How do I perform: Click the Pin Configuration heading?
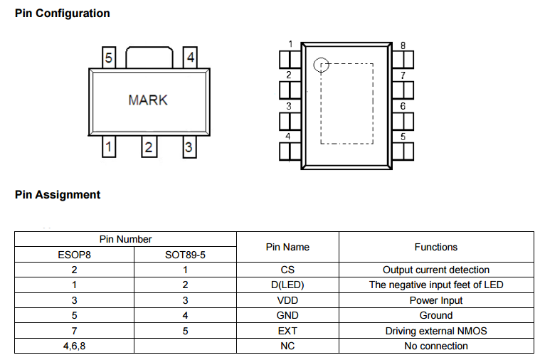pos(63,14)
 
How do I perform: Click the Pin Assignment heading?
pos(58,195)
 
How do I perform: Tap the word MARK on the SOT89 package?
pos(148,100)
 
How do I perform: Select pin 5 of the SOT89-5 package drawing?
pos(109,58)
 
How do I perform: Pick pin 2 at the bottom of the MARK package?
pos(149,147)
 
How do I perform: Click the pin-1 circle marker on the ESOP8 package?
pos(321,65)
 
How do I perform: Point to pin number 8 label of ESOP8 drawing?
pos(403,46)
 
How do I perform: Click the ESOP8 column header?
pos(74,255)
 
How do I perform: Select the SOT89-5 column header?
pos(185,255)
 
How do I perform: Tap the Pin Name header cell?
pos(287,247)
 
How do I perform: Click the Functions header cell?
pos(436,247)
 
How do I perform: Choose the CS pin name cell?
pos(287,270)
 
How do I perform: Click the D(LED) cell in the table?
pos(287,285)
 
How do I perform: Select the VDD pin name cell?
pos(287,300)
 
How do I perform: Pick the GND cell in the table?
pos(287,315)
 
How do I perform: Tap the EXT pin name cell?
pos(287,331)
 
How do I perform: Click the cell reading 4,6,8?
pos(74,346)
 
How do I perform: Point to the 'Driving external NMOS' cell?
pos(436,331)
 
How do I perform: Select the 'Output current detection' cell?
pos(436,270)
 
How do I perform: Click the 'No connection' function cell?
pos(436,346)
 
